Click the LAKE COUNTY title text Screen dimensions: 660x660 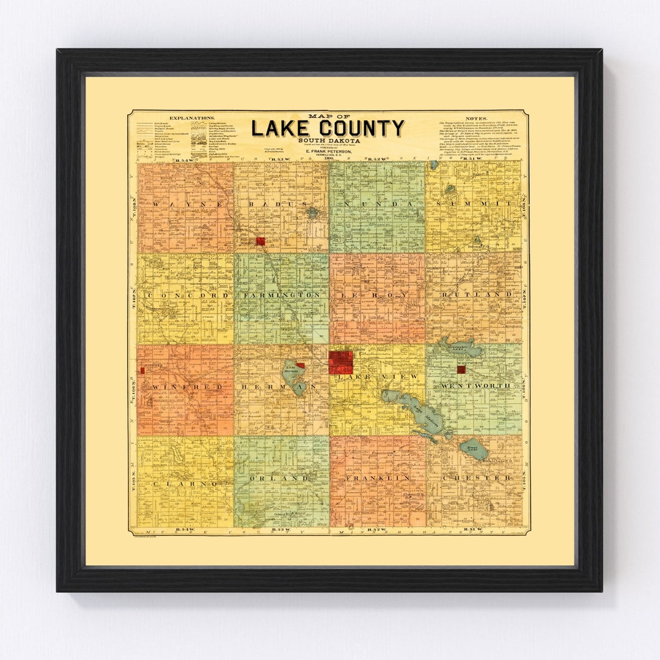pos(328,129)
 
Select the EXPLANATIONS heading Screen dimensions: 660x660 pos(192,117)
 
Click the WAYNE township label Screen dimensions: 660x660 pos(183,204)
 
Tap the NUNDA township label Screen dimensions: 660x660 pos(376,204)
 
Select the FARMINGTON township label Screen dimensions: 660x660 pos(281,295)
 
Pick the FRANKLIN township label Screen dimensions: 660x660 pos(376,478)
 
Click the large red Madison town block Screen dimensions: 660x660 pos(340,362)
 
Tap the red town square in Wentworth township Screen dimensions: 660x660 pos(461,369)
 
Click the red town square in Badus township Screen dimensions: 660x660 pos(260,241)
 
